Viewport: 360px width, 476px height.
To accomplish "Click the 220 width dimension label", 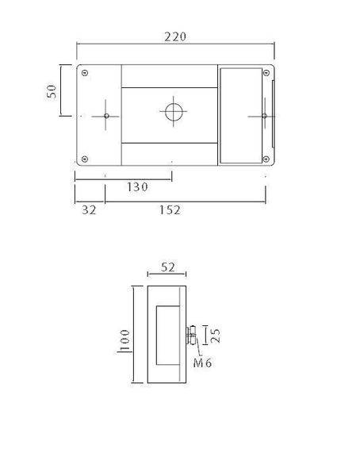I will click(175, 36).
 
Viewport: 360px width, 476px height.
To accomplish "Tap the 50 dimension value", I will click(53, 89).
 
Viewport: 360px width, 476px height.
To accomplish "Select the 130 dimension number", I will click(137, 187).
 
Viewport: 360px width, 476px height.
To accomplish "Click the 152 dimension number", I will click(169, 210).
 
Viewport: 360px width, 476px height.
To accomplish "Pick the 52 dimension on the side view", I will click(167, 267).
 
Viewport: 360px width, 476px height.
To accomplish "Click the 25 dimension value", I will click(216, 334).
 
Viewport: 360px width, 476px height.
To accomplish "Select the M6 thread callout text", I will click(203, 363).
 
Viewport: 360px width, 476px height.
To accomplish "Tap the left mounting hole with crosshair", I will click(106, 116).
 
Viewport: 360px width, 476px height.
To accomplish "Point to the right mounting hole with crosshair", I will click(264, 116).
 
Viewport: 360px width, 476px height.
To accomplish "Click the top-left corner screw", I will click(85, 73).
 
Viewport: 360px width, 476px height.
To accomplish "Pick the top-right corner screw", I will click(266, 73).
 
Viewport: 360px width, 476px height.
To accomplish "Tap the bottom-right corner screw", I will click(266, 157).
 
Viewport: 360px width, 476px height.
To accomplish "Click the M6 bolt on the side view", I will click(192, 336).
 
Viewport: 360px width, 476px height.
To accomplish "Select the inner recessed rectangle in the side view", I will click(168, 334).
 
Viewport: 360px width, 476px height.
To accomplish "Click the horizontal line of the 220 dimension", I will click(175, 45).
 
